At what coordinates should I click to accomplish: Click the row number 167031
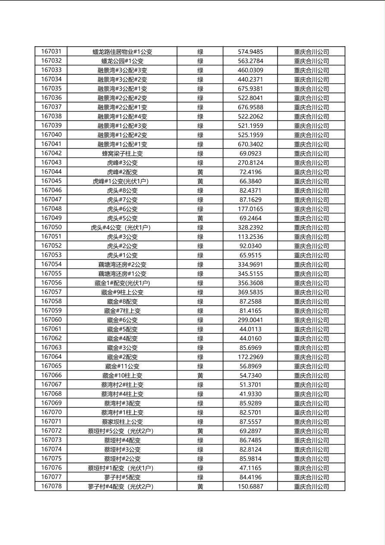[x=51, y=51]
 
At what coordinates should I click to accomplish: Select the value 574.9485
[x=250, y=52]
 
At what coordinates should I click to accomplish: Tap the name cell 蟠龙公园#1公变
[x=122, y=61]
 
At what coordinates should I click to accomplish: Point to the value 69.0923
[x=250, y=153]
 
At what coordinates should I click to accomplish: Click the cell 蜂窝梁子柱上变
[x=122, y=153]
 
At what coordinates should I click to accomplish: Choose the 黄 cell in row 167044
[x=200, y=172]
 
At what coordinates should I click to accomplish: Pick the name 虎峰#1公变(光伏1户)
[x=122, y=181]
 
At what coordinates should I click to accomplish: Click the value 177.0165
[x=250, y=209]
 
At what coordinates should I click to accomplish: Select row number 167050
[x=51, y=227]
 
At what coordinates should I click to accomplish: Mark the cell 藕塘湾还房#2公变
[x=122, y=264]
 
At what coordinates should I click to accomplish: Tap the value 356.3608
[x=250, y=283]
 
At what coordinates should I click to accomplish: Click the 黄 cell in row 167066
[x=200, y=375]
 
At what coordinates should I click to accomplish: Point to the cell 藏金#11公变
[x=122, y=366]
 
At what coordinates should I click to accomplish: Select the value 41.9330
[x=250, y=394]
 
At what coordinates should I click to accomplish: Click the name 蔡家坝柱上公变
[x=122, y=421]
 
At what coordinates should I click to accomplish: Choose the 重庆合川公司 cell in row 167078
[x=311, y=486]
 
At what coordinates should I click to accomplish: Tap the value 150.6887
[x=250, y=486]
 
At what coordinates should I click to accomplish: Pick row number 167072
[x=51, y=431]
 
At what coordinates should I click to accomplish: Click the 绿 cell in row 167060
[x=200, y=320]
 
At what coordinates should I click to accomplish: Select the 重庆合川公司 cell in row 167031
[x=311, y=52]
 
